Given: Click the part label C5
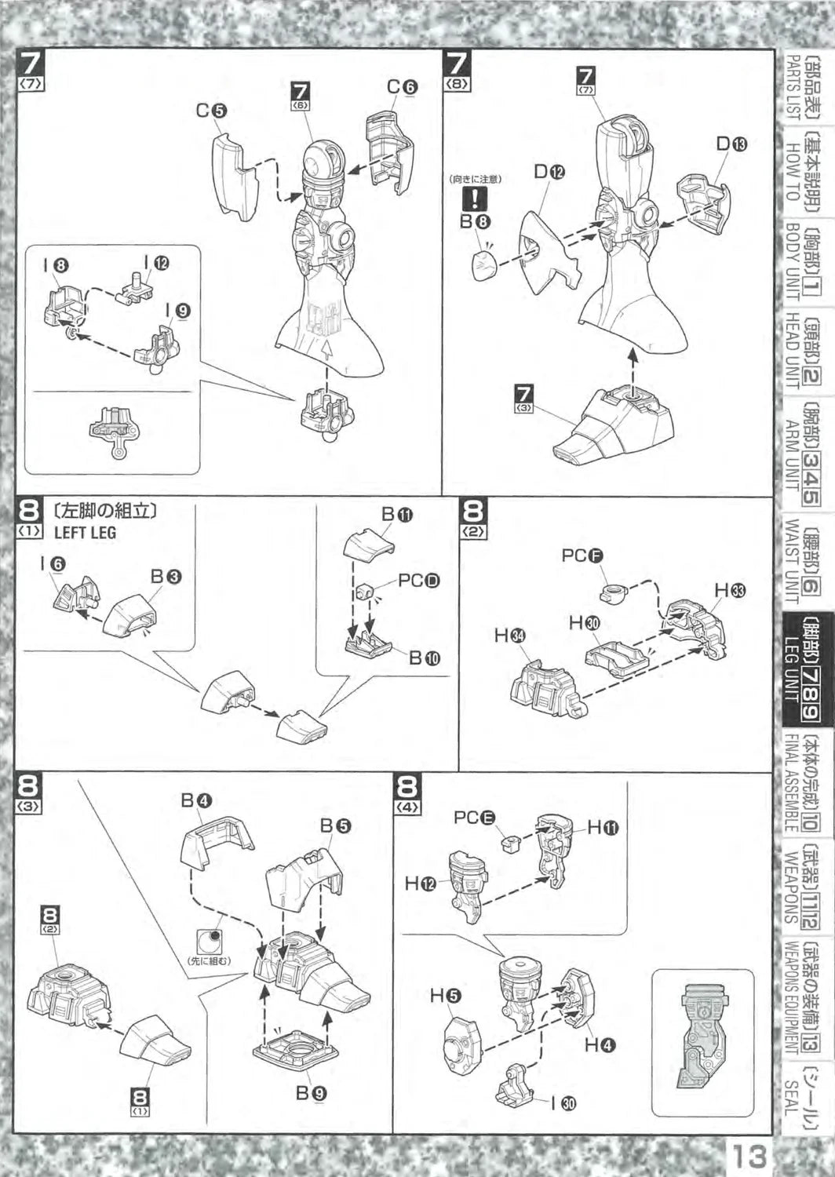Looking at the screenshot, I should tap(211, 111).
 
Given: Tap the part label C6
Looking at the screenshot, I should tap(403, 87).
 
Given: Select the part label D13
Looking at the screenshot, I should tap(731, 144).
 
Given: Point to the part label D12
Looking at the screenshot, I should tap(549, 172).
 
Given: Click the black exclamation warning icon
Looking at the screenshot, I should tap(476, 199).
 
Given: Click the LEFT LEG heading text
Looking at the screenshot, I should tap(85, 532).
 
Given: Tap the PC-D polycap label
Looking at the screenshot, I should tap(418, 581).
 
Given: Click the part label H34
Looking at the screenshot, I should tap(509, 636).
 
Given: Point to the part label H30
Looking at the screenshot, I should tap(584, 623).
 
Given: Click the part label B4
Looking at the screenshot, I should tap(196, 800).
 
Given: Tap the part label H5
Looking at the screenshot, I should tap(445, 997).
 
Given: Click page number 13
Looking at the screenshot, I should tap(749, 1157).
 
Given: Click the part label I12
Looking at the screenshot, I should tap(155, 263).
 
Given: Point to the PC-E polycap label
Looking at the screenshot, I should tap(474, 818).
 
